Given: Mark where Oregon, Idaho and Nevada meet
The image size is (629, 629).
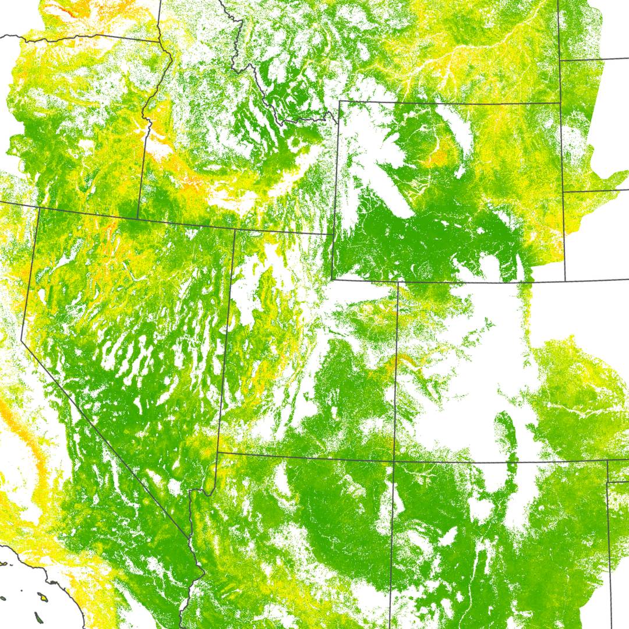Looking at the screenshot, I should coord(137,218).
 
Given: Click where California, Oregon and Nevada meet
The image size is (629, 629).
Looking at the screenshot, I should coord(37,207).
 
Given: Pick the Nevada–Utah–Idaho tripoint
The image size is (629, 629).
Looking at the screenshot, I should coord(234,229).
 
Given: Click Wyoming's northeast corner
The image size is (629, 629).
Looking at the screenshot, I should coord(561,104).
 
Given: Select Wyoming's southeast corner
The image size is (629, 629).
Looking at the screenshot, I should coord(565,280).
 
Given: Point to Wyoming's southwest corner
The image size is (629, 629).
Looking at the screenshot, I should coord(333,278).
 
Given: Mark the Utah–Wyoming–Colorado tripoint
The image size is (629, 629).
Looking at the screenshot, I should coord(398,282).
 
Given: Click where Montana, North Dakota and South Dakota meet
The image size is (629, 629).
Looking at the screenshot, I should coord(560,59).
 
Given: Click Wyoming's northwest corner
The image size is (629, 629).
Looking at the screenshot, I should coord(340,101).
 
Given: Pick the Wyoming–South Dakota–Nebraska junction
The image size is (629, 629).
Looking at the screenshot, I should coord(563,191).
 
